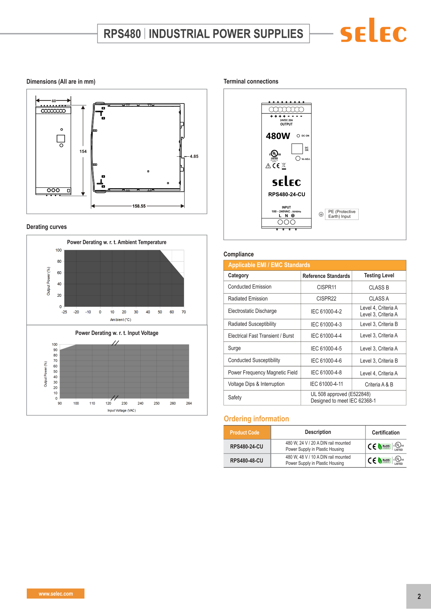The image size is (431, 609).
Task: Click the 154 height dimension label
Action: click(x=83, y=151)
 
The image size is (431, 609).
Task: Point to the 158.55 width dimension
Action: click(x=139, y=206)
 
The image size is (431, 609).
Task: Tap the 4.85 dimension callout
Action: click(x=194, y=156)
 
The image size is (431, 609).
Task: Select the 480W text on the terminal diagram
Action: click(x=278, y=136)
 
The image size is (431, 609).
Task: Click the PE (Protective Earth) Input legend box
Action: click(x=342, y=214)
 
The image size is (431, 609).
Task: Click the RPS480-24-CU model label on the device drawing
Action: click(x=286, y=195)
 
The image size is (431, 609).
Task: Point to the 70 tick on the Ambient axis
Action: click(x=184, y=312)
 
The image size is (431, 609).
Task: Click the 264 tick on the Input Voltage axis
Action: click(x=189, y=403)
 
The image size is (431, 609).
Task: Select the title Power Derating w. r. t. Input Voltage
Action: click(x=117, y=333)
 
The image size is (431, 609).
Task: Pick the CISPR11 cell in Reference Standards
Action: click(x=326, y=287)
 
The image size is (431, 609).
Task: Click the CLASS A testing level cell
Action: click(x=379, y=298)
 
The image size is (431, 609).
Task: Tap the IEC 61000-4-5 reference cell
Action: click(x=326, y=348)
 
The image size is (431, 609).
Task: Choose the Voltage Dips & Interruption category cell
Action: click(x=256, y=384)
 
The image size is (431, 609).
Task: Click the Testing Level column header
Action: click(x=379, y=275)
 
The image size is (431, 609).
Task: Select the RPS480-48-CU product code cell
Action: click(x=246, y=461)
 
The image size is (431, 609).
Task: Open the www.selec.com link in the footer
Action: click(x=56, y=594)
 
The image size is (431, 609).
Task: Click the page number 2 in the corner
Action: click(x=419, y=596)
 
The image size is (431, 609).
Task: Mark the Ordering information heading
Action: click(x=256, y=419)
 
